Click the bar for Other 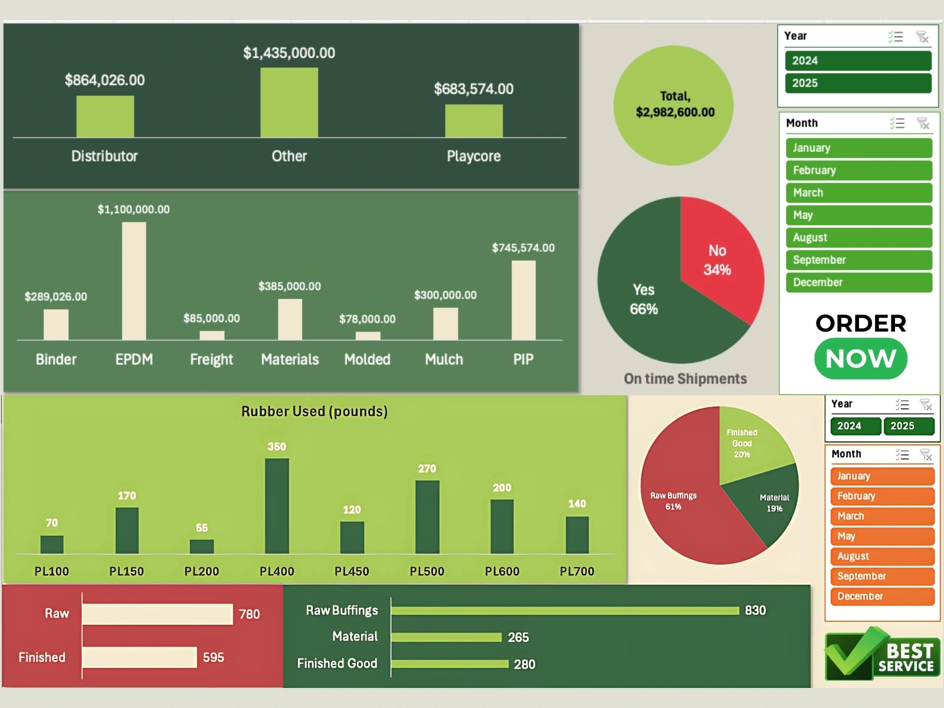pos(289,103)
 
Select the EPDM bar pos(134,281)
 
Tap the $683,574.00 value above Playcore pos(473,89)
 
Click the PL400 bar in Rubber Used pos(277,506)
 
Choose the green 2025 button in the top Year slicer pos(858,83)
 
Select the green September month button pos(858,260)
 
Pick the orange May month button pos(881,536)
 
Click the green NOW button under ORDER pos(861,359)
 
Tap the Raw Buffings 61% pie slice pos(678,501)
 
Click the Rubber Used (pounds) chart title pos(314,411)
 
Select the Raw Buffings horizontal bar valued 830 pos(565,611)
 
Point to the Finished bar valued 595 pos(139,657)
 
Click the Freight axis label pos(211,359)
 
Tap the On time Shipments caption pos(685,379)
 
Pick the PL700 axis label pos(577,571)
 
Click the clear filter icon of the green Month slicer pos(923,123)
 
